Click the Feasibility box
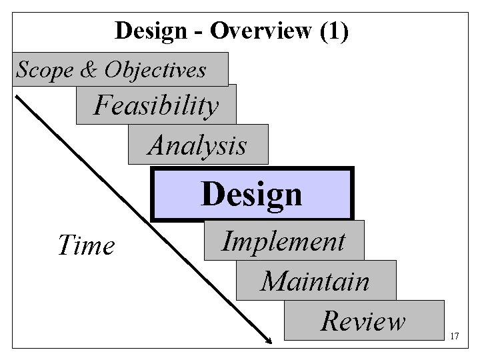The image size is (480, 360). pyautogui.click(x=156, y=105)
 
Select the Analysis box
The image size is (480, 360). pyautogui.click(x=198, y=145)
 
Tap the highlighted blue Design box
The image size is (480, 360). pyautogui.click(x=252, y=194)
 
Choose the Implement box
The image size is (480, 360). pyautogui.click(x=284, y=241)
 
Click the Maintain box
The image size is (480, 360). pyautogui.click(x=315, y=281)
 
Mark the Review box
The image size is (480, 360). pyautogui.click(x=363, y=321)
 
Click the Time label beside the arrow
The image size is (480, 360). pyautogui.click(x=86, y=245)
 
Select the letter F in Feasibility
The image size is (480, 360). pyautogui.click(x=101, y=105)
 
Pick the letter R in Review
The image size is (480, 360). pyautogui.click(x=329, y=321)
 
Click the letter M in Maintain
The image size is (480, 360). pyautogui.click(x=272, y=281)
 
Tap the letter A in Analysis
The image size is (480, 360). pyautogui.click(x=157, y=145)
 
